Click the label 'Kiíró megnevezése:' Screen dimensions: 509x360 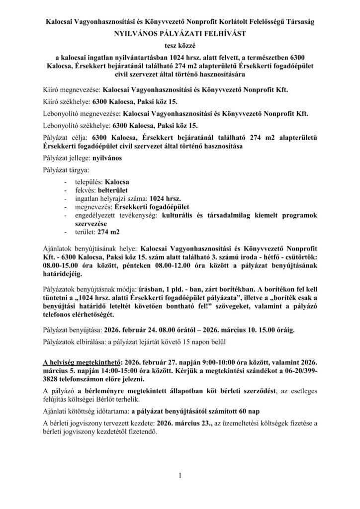point(72,90)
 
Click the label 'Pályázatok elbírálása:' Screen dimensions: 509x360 point(76,343)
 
